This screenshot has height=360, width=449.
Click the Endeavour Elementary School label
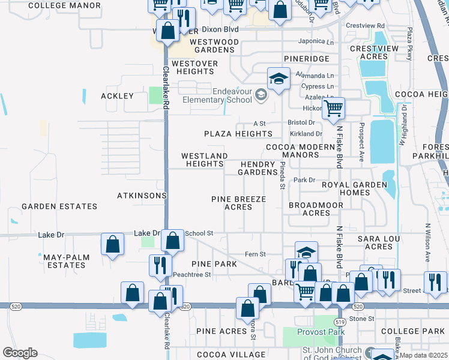point(218,95)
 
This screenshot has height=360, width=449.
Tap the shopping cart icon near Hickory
point(333,109)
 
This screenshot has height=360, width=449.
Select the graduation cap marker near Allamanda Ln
point(279,79)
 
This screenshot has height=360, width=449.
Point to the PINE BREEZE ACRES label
point(238,203)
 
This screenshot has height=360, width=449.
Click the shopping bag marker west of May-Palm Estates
point(112,244)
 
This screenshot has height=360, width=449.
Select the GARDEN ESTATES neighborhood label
point(59,206)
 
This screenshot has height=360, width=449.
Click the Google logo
point(20,352)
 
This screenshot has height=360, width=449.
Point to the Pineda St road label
point(282,175)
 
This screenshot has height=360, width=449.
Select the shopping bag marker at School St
point(172,241)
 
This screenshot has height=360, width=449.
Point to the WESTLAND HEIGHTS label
point(205,160)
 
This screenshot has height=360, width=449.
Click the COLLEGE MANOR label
point(64,5)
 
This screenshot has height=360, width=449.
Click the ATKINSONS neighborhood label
point(141,196)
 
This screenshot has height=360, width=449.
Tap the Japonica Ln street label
point(316,42)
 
